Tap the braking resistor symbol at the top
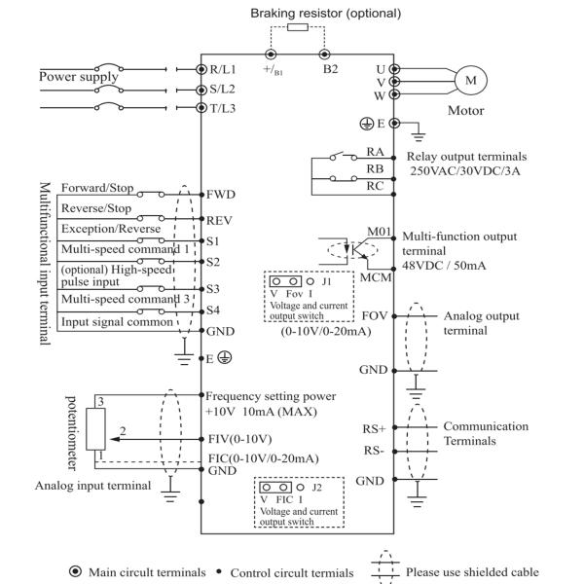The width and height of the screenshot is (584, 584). click(299, 29)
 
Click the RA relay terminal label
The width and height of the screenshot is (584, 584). click(375, 151)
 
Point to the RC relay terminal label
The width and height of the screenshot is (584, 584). click(375, 186)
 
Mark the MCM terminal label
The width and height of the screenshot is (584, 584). click(376, 277)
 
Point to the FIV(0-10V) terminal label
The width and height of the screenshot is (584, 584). click(238, 438)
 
